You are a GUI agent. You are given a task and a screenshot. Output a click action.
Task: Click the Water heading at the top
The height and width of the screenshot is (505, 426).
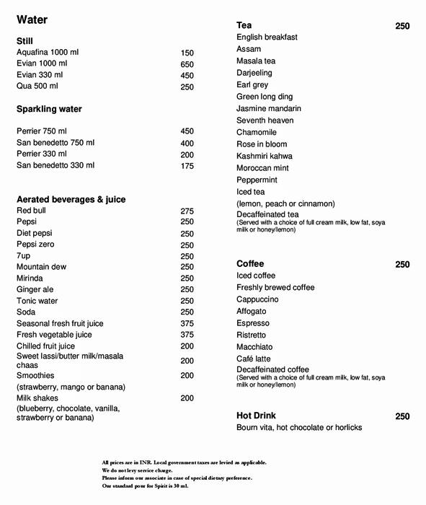(x=32, y=19)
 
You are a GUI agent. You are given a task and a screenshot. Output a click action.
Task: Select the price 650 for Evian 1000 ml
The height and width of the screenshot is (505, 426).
(x=187, y=64)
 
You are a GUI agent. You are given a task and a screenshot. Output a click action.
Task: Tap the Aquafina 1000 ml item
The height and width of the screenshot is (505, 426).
(x=48, y=53)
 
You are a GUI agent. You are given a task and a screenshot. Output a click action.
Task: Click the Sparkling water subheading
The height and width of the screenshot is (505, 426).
(x=49, y=109)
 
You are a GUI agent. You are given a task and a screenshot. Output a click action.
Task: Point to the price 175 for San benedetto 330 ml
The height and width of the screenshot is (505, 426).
(x=187, y=166)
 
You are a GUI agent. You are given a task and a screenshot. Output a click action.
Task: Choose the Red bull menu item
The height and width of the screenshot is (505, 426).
(x=32, y=211)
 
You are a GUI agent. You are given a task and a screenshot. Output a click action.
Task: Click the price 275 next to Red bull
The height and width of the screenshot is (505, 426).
(x=187, y=211)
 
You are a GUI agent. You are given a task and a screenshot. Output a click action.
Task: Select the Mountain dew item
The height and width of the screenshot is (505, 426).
(x=41, y=267)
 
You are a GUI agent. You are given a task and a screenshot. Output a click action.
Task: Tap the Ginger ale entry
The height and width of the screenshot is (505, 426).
(x=35, y=289)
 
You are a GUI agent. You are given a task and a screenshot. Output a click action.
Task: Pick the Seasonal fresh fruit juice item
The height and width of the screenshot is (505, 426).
(x=60, y=324)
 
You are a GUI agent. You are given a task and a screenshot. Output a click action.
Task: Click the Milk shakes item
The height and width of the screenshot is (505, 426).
(x=37, y=398)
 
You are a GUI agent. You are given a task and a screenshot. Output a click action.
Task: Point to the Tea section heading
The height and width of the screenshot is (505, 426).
(x=244, y=25)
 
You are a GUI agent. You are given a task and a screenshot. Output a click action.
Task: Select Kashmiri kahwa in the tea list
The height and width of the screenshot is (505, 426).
(x=265, y=156)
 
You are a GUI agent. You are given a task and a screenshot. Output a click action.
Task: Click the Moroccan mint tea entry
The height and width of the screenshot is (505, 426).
(x=262, y=168)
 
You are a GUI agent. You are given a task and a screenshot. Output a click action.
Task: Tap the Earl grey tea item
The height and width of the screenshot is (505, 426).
(x=252, y=85)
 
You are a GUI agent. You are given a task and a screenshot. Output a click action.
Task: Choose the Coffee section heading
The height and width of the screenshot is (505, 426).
(x=250, y=264)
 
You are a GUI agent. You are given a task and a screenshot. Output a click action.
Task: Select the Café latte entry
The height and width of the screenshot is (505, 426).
(x=254, y=359)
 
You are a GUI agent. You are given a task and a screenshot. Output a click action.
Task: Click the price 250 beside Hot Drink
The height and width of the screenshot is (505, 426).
(x=402, y=416)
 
